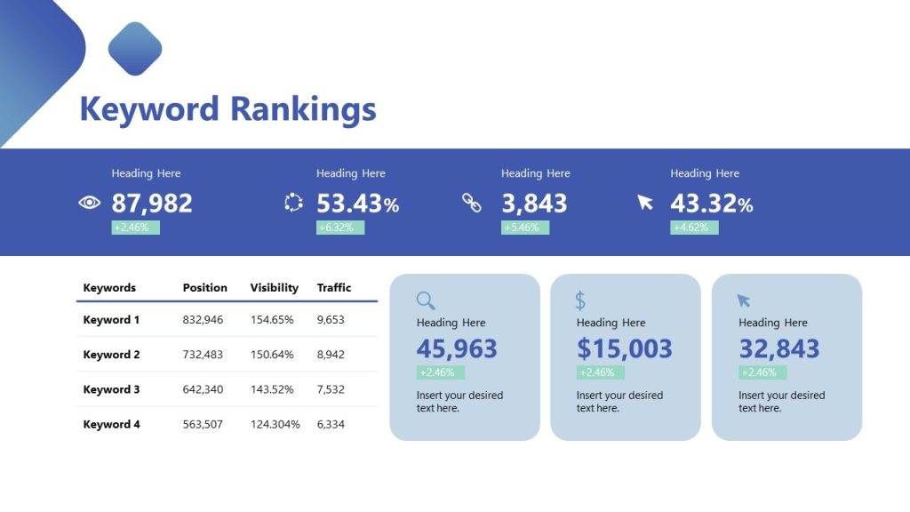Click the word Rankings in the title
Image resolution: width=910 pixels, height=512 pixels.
click(303, 109)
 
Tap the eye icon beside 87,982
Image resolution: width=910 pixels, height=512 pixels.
click(90, 203)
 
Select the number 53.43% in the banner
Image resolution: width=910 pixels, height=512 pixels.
click(357, 204)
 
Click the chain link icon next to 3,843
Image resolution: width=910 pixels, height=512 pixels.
click(471, 203)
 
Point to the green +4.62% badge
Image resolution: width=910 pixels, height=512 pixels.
click(694, 228)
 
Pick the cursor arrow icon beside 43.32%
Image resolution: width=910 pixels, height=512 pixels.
click(645, 203)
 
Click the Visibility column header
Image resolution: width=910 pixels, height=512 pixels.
click(275, 288)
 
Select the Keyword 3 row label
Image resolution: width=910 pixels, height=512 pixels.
click(111, 389)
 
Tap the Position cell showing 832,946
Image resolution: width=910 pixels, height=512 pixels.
click(203, 319)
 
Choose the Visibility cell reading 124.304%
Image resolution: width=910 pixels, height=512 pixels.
click(275, 424)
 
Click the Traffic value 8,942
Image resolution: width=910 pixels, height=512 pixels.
click(331, 355)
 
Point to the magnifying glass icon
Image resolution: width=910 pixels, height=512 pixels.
click(426, 300)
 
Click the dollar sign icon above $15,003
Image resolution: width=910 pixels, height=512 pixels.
click(580, 300)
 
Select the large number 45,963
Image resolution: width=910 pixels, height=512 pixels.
click(457, 348)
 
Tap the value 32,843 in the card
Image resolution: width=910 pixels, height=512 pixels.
click(778, 348)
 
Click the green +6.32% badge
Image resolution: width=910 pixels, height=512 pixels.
click(340, 228)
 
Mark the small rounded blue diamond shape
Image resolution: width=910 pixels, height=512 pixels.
click(135, 49)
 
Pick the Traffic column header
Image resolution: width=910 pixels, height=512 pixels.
click(334, 288)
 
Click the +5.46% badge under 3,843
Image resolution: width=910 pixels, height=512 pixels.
click(525, 228)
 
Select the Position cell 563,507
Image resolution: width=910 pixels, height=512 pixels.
click(203, 424)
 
